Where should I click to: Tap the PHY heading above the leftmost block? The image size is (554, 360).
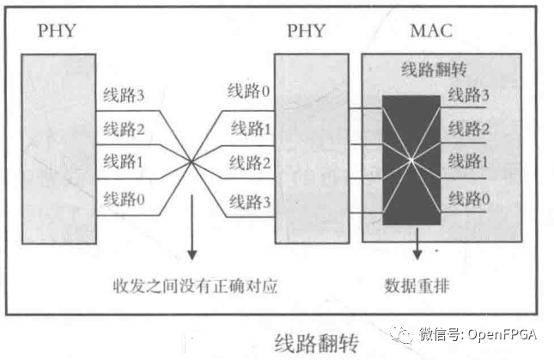pos(57,31)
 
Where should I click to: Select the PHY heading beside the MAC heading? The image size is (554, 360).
pos(306,31)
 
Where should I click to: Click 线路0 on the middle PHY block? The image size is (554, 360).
pos(248,90)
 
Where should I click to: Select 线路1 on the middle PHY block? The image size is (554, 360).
pos(250,130)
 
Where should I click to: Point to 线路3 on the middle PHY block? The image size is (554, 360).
pos(250,203)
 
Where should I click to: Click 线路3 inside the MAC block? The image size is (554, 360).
pos(469,94)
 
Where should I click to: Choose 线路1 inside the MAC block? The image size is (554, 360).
pos(469,161)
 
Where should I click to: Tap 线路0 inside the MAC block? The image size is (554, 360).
pos(469,199)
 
